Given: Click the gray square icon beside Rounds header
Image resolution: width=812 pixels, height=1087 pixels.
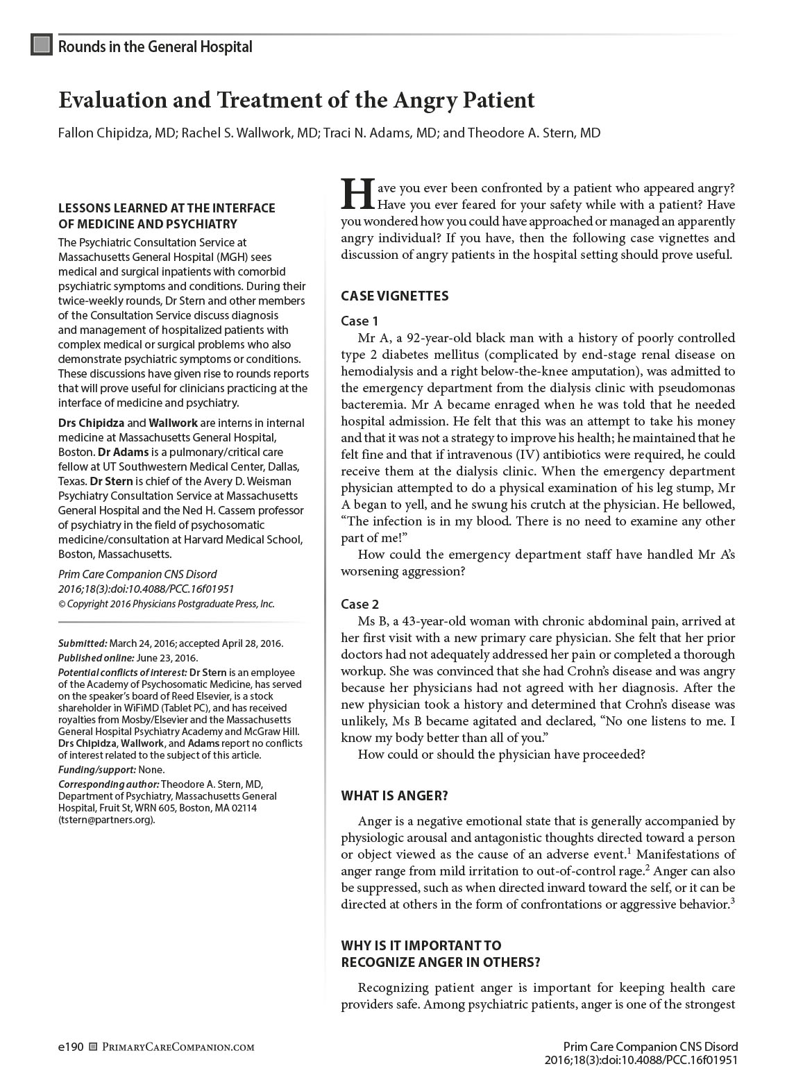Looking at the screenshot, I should coord(42,45).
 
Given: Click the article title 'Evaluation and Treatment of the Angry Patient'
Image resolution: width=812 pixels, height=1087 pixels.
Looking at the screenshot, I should coord(296,101).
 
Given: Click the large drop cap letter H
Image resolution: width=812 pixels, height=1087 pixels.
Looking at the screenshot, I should coord(357,193).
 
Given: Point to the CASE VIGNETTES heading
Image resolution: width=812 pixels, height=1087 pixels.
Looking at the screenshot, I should coord(394,296).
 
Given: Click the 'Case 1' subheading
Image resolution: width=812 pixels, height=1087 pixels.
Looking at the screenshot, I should coord(360,321).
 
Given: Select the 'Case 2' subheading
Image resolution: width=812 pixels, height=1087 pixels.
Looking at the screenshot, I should coord(360,604).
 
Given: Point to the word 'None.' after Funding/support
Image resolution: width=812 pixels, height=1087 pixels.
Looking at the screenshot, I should coord(152,770).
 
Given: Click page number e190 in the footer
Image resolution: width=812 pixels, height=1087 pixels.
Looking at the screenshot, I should coord(71,1047).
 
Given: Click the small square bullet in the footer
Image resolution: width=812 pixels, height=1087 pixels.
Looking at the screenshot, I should coord(94,1047).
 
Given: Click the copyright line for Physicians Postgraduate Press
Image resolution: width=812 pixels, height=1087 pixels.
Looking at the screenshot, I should coord(167,604).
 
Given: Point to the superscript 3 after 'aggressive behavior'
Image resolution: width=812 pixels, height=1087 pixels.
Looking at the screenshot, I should coord(733,902).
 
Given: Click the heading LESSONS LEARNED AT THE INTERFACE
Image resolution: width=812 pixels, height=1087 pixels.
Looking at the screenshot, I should coord(167,208).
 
